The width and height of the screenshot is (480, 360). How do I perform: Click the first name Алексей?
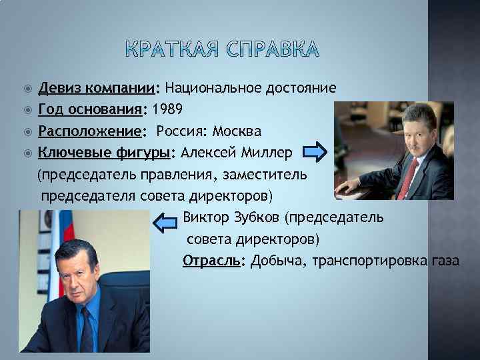(211, 153)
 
